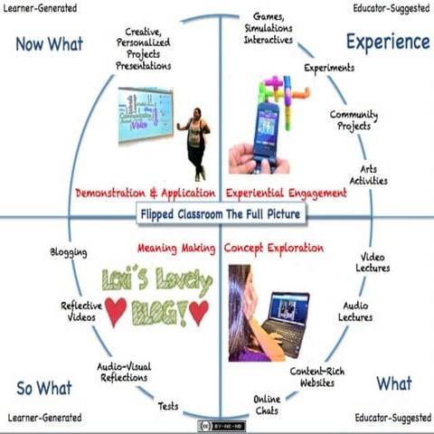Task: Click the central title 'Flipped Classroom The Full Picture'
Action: [x=220, y=215]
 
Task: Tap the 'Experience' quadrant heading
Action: [x=387, y=42]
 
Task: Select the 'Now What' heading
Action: [x=51, y=44]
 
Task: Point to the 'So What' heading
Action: [x=43, y=388]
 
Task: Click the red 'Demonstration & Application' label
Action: [x=146, y=193]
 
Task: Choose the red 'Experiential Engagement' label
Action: [x=287, y=193]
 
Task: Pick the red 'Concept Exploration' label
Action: [x=273, y=247]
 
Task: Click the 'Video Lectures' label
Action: [x=374, y=262]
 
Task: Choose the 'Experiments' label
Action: [x=329, y=68]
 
